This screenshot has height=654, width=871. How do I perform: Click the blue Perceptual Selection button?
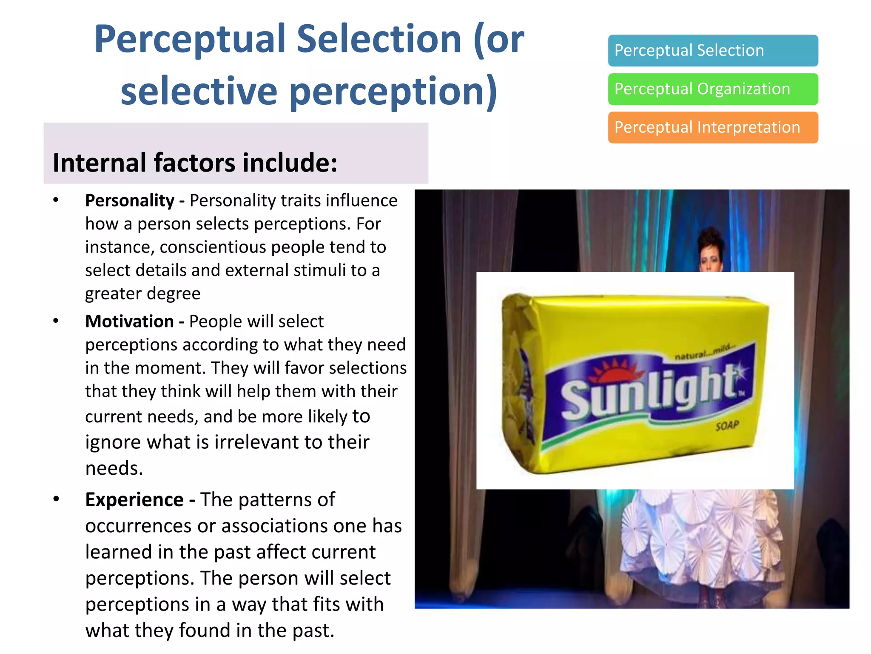[x=713, y=51]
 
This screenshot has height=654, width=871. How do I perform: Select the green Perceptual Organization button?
[x=713, y=89]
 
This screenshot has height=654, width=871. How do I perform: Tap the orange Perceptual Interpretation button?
[x=713, y=127]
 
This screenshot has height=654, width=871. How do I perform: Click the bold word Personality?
[x=130, y=201]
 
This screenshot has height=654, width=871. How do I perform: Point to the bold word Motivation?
[x=129, y=321]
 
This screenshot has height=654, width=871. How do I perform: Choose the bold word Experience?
[x=134, y=500]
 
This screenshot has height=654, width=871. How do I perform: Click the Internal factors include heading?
[x=195, y=163]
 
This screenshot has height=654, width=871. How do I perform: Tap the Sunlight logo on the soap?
[x=651, y=390]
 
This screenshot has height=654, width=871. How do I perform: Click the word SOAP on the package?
[x=727, y=425]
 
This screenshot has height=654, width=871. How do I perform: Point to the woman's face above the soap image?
[x=710, y=257]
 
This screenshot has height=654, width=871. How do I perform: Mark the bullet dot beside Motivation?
[x=56, y=321]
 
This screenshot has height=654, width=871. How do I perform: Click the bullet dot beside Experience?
[x=56, y=499]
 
